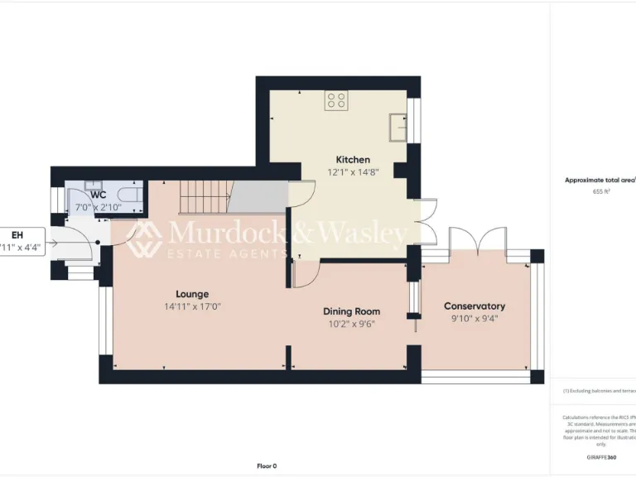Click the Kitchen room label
pyautogui.click(x=352, y=160)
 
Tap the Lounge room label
pyautogui.click(x=192, y=294)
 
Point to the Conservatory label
pyautogui.click(x=474, y=306)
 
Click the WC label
pyautogui.click(x=99, y=195)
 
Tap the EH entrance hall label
pyautogui.click(x=17, y=235)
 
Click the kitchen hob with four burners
pyautogui.click(x=336, y=101)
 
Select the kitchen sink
pyautogui.click(x=398, y=127)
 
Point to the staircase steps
pyautogui.click(x=203, y=198)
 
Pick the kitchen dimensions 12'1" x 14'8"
pyautogui.click(x=352, y=173)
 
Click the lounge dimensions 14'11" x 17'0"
pyautogui.click(x=192, y=306)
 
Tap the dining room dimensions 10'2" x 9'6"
pyautogui.click(x=351, y=325)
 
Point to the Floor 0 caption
pyautogui.click(x=267, y=465)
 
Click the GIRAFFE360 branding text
pyautogui.click(x=600, y=457)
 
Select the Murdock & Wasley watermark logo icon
pyautogui.click(x=144, y=238)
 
